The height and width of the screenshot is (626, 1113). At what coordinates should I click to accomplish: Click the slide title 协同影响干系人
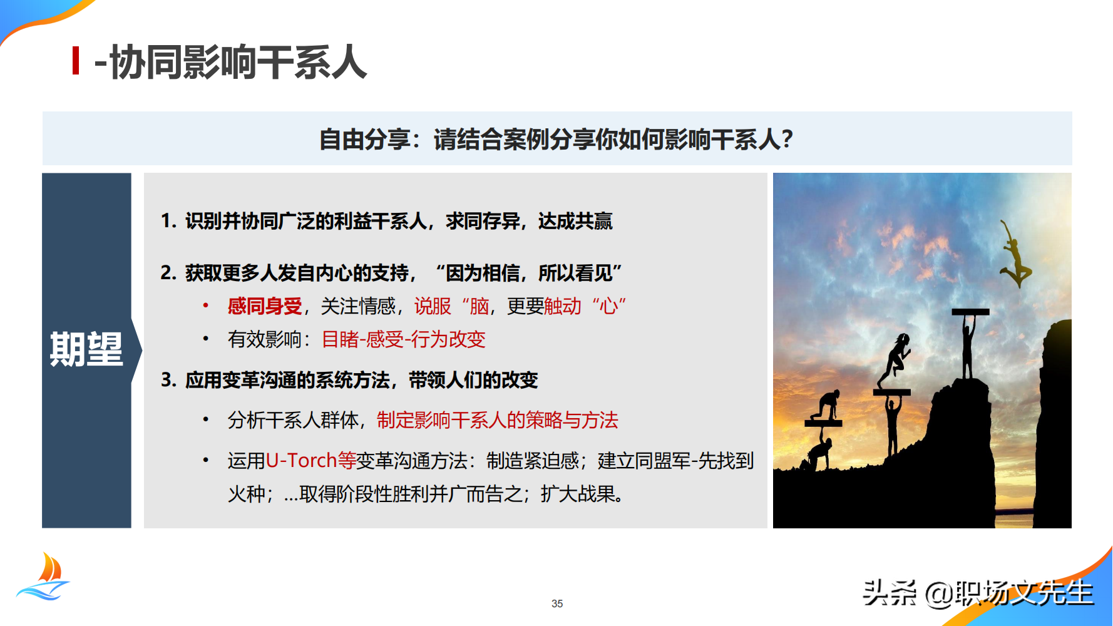click(x=238, y=63)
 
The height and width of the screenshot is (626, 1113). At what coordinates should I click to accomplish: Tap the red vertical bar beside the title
click(x=76, y=61)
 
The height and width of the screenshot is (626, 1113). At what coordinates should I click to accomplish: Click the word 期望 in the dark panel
click(x=86, y=349)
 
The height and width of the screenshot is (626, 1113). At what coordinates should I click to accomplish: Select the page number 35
click(x=557, y=603)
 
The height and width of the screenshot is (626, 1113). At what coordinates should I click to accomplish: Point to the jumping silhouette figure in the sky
click(x=1013, y=257)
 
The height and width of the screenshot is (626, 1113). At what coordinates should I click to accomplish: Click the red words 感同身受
click(x=265, y=306)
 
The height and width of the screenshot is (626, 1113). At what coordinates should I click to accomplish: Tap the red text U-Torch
click(x=301, y=461)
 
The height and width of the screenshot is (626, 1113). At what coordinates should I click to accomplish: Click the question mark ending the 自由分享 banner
click(x=787, y=139)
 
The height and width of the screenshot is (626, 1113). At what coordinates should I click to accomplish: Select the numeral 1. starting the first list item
click(x=168, y=221)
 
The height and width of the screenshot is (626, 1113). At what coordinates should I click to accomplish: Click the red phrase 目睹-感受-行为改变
click(x=403, y=339)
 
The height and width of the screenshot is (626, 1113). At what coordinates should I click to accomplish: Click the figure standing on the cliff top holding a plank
click(x=968, y=344)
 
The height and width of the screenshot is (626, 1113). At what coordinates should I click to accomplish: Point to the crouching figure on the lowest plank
click(x=826, y=408)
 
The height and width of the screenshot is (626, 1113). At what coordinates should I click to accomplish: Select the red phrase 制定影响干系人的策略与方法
click(x=497, y=420)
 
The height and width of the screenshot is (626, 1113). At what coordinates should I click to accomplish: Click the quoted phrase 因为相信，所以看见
click(x=529, y=273)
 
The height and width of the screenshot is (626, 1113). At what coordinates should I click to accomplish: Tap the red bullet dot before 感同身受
click(x=205, y=305)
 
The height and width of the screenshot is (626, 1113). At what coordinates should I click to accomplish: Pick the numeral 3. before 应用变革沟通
click(x=168, y=380)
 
